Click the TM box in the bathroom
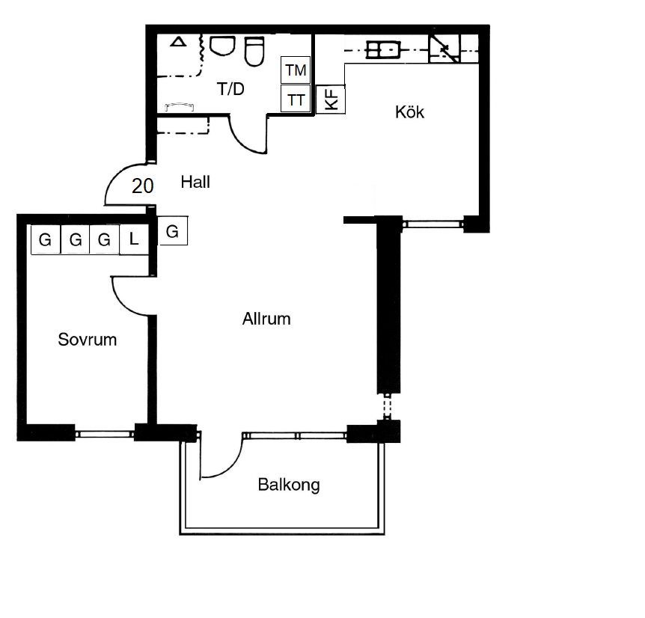tap(296, 70)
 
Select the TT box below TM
tap(296, 99)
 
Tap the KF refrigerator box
tap(330, 99)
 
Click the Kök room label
tap(409, 112)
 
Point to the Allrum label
tap(266, 319)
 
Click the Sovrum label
tap(88, 340)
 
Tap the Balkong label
tap(289, 485)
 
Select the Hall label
tap(195, 182)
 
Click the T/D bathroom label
tap(230, 89)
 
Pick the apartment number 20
tap(143, 186)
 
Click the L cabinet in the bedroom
tap(134, 239)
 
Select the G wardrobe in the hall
tap(173, 231)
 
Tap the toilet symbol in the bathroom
tap(254, 52)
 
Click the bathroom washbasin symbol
tap(222, 46)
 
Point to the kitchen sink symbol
tap(383, 50)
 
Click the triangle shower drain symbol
tap(179, 42)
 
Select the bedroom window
tap(105, 434)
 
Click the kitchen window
tap(432, 224)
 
